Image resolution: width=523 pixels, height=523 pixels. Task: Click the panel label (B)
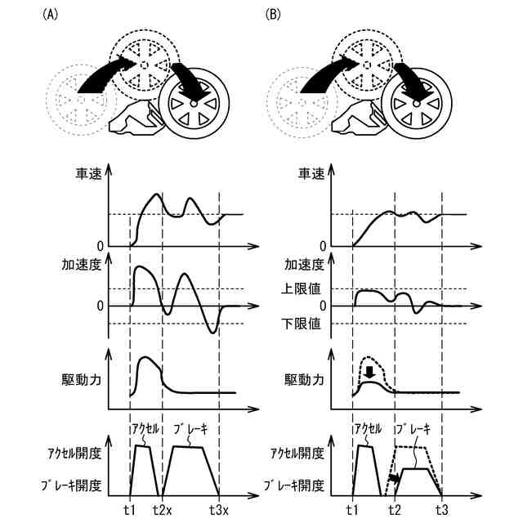coord(274,16)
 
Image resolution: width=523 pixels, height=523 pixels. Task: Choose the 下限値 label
coord(302,324)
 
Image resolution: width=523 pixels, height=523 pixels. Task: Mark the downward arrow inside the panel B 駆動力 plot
coord(371,373)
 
